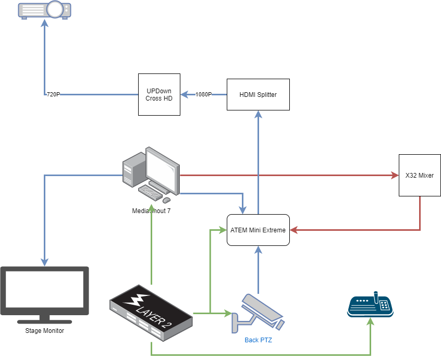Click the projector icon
tap(45, 9)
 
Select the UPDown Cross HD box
tap(159, 94)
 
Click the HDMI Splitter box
tap(258, 94)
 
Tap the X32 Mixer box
tap(420, 175)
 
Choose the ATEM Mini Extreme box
tap(258, 230)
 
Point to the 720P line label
tap(53, 95)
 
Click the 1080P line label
tap(204, 95)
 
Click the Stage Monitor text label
tap(44, 331)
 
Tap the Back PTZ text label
tap(258, 340)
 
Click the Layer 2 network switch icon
tap(151, 313)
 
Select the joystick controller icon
tap(370, 305)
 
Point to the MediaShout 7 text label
tap(151, 211)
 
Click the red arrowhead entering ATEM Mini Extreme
tap(293, 230)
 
